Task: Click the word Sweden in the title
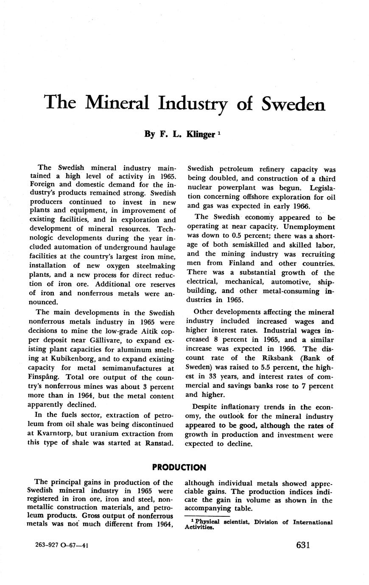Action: click(x=293, y=104)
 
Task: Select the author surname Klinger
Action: click(x=200, y=134)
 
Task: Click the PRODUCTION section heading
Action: click(x=179, y=468)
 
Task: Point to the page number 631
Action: click(x=303, y=545)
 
